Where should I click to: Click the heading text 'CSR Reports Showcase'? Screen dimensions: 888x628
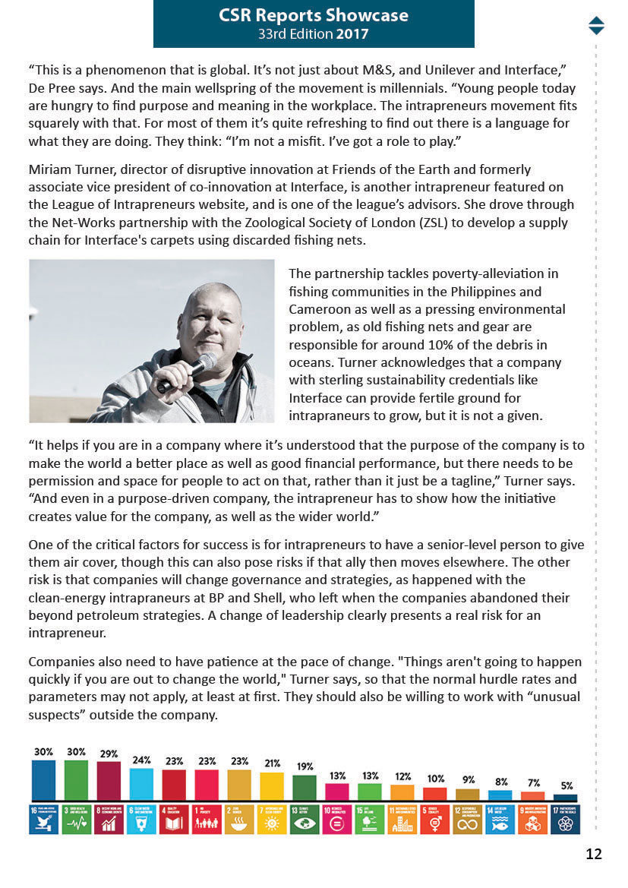tap(313, 15)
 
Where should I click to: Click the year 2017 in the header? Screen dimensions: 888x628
tap(353, 34)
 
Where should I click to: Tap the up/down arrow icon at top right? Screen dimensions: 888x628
tap(596, 25)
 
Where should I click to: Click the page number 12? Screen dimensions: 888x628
tap(593, 854)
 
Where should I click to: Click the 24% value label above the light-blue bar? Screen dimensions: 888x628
tap(141, 760)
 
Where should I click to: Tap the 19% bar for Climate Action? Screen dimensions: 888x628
tap(305, 788)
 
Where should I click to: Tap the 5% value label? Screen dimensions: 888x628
tap(566, 785)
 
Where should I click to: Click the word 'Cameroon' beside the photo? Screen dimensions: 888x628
tap(320, 309)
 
